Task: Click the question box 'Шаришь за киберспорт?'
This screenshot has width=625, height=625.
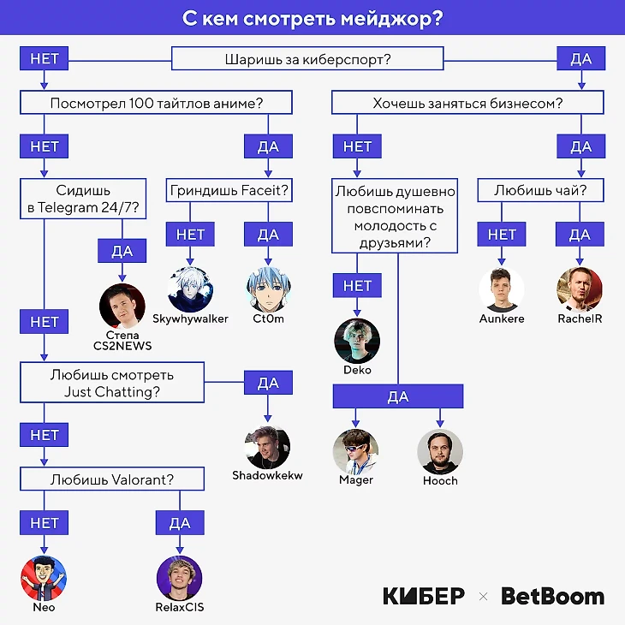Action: [307, 59]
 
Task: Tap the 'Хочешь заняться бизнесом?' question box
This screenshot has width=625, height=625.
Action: [467, 104]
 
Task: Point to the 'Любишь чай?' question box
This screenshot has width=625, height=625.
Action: [540, 190]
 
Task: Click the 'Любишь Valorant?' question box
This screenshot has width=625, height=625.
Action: [112, 479]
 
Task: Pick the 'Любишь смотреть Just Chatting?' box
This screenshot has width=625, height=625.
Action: [112, 383]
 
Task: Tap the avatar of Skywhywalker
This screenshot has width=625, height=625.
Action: [189, 288]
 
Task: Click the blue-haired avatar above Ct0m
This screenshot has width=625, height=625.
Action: [268, 288]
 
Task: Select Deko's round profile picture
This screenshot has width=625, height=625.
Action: [356, 341]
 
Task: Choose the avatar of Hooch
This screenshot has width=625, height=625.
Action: [440, 451]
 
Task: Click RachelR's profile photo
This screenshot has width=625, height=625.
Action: [580, 289]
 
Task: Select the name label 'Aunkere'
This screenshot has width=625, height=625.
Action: [502, 318]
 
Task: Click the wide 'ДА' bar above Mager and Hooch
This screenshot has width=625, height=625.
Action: [398, 396]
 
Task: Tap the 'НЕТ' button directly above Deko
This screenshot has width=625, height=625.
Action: [357, 286]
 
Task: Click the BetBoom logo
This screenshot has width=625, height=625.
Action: [552, 596]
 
